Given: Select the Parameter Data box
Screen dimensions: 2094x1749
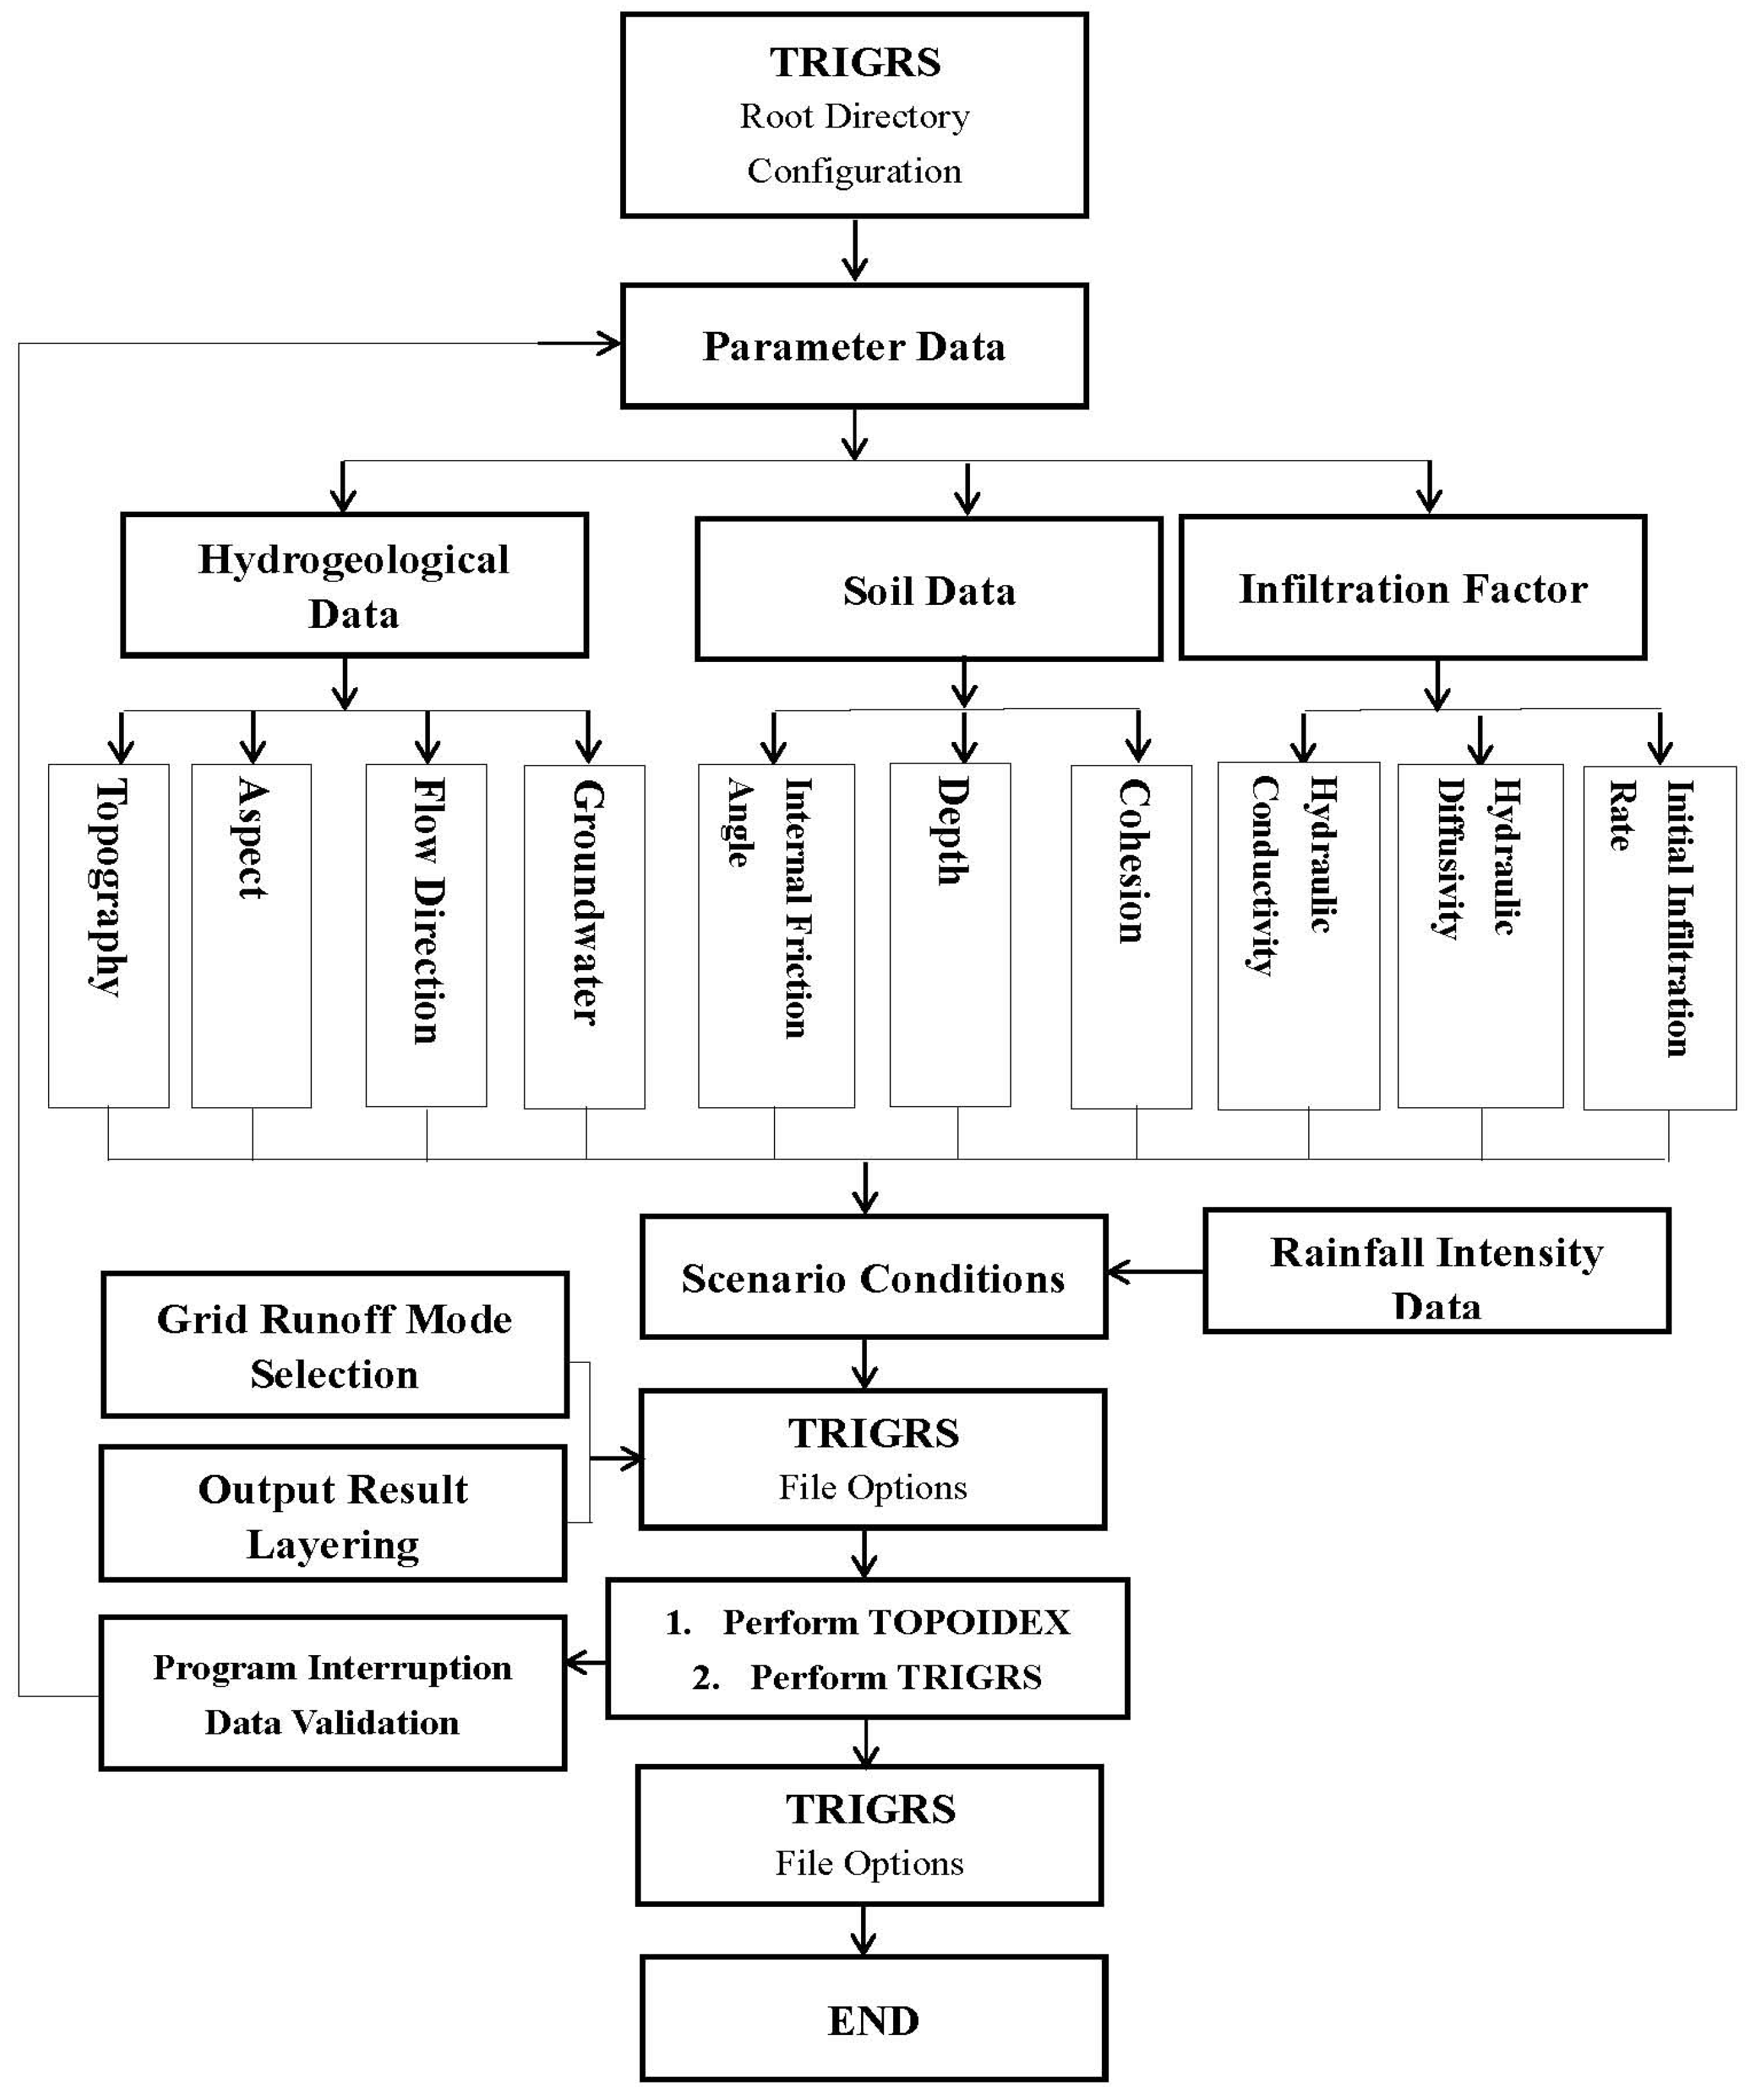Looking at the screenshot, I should (853, 346).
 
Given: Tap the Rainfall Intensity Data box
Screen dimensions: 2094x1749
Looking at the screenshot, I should (1436, 1271).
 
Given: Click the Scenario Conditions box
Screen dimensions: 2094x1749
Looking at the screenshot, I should (873, 1277).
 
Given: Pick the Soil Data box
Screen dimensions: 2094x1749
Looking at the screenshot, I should (928, 590).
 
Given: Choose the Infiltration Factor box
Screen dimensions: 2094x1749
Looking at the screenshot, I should (1412, 588).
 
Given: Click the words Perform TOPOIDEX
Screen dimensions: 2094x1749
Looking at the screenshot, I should (896, 1622).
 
